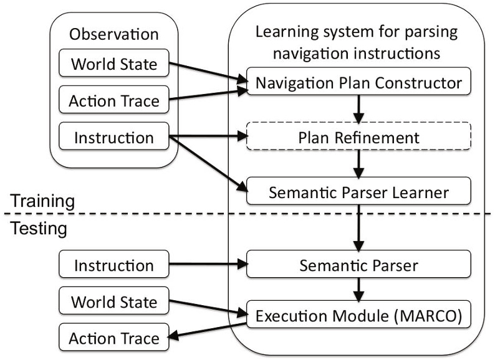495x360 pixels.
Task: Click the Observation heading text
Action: pos(113,34)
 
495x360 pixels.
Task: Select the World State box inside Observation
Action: pos(113,64)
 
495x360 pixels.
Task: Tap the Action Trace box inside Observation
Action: pos(113,100)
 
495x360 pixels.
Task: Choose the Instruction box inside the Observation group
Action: pos(113,136)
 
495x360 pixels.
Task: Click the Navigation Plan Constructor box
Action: pos(358,82)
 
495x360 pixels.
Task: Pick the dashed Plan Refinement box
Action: pos(358,136)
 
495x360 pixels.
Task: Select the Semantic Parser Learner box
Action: pos(358,192)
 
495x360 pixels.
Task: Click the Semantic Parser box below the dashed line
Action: pos(358,265)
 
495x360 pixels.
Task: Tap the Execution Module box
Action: pos(358,316)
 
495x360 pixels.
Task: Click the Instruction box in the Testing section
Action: pos(113,265)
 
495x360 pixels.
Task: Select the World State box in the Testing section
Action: pos(113,303)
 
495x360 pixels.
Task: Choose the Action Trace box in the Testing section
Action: pos(113,339)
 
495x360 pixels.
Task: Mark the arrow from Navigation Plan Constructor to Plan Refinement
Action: pos(358,109)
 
